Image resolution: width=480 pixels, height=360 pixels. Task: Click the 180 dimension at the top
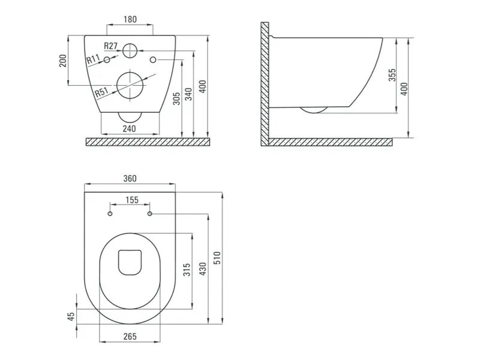pos(130,19)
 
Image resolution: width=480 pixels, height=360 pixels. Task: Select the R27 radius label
pos(110,46)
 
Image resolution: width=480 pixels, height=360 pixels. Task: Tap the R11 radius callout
pos(93,59)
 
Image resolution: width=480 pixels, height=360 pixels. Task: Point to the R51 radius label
pos(101,92)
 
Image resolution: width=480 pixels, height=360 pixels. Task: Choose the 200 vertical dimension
pos(63,61)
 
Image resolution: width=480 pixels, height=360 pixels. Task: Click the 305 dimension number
pos(176,98)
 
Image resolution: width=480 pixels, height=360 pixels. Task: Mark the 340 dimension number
pos(189,94)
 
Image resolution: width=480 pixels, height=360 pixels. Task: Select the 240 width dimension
pos(130,128)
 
